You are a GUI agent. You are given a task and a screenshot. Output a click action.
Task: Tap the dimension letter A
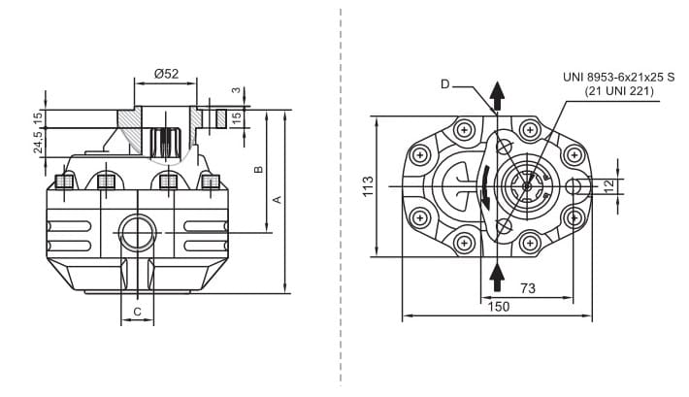point(277,199)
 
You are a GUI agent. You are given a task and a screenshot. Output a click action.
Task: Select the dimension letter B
point(257,170)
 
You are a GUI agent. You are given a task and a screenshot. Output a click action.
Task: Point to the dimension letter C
point(138,311)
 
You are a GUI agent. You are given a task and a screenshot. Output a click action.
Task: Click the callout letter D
point(444,84)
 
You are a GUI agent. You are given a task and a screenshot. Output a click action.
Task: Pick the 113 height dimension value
point(368,186)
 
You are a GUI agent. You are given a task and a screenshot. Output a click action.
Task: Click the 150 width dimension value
point(498,306)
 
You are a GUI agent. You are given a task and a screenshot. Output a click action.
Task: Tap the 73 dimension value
point(529,287)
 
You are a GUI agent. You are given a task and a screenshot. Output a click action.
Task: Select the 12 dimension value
point(608,186)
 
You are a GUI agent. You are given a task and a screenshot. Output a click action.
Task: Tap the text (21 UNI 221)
point(619,91)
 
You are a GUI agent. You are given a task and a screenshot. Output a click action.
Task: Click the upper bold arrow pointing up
point(497,96)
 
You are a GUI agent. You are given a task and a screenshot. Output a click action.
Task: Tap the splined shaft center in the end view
point(527,186)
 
